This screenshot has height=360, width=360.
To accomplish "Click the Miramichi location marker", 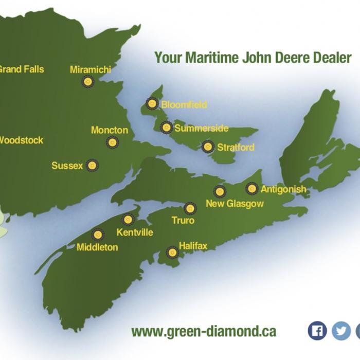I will coord(88,81).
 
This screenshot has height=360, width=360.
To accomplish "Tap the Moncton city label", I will coord(110,130).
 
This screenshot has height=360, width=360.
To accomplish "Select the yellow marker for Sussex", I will coord(92,165).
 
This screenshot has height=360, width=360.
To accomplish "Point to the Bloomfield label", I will coord(184,105).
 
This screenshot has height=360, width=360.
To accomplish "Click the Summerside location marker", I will coord(166,128).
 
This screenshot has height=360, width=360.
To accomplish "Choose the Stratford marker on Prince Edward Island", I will coord(208,147).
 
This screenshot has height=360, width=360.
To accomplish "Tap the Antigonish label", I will coord(283,189).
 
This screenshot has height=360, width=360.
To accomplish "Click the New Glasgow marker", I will coord(220,192).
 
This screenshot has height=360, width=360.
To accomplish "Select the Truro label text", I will coord(183,221).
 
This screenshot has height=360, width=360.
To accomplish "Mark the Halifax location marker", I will coord(173,252).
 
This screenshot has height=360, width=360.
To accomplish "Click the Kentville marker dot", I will coord(128,220).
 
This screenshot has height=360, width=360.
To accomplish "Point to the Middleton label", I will coord(97,247).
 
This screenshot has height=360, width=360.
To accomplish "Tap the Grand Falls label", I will coord(21,69).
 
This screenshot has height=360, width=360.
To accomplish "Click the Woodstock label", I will coord(21,140).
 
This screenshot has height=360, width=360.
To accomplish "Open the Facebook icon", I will coord(317,331).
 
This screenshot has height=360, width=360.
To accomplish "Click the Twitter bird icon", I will coord(340,331).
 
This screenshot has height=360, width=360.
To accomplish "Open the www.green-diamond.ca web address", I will coord(204,332).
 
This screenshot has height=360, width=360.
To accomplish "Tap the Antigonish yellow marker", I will coord(251,189).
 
